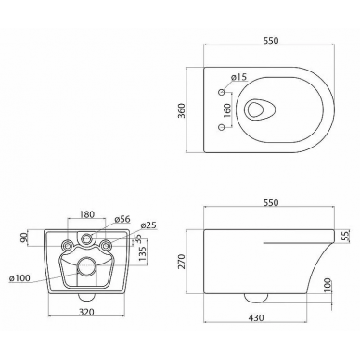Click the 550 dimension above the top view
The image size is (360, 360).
tap(271, 41)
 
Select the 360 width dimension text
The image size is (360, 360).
tap(181, 110)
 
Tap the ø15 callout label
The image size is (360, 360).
tap(239, 77)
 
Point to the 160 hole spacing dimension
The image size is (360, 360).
tap(226, 110)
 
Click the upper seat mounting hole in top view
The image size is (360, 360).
tap(222, 92)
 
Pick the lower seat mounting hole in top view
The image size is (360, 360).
tap(222, 127)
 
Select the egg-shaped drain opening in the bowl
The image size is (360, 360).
tap(258, 109)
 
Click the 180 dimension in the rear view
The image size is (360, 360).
tap(86, 214)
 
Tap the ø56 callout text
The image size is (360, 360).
tap(122, 219)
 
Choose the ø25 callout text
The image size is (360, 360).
tap(148, 225)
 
